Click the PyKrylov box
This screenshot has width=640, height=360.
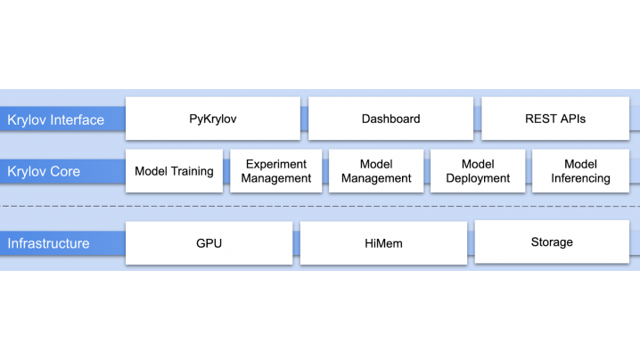pos(213,119)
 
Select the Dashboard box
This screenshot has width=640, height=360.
pos(390,119)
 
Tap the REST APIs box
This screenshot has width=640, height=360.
pos(555,119)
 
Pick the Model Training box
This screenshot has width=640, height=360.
pos(175,170)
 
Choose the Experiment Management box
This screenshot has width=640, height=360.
pos(276,170)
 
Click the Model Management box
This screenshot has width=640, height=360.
pos(376,170)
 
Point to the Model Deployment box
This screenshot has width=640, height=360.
pos(478,170)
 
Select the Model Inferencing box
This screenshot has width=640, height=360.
pos(580,170)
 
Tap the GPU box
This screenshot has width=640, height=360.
pos(209,243)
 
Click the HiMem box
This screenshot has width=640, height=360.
pos(383,243)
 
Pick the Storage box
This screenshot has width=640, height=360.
pos(552,241)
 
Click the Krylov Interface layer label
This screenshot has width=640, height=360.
pos(55,119)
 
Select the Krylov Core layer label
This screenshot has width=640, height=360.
pos(44,171)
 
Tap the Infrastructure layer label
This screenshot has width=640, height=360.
pos(48,243)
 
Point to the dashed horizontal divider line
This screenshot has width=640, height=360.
pos(320,207)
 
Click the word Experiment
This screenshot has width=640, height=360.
pos(276,164)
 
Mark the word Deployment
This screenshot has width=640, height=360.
pos(478,178)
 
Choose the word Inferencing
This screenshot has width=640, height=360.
pos(580,178)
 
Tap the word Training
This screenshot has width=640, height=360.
pos(192,171)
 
